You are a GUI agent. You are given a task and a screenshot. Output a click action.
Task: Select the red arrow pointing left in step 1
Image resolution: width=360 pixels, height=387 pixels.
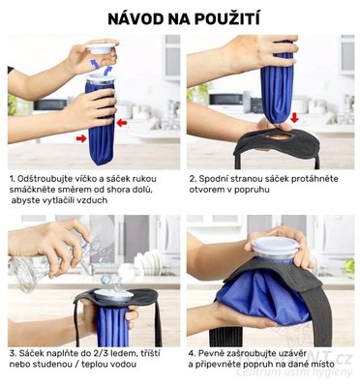(121, 123)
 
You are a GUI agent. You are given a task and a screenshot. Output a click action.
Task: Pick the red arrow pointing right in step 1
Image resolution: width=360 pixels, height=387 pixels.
(80, 138)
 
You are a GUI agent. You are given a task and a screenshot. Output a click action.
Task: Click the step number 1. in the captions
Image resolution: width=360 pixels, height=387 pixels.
(12, 180)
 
